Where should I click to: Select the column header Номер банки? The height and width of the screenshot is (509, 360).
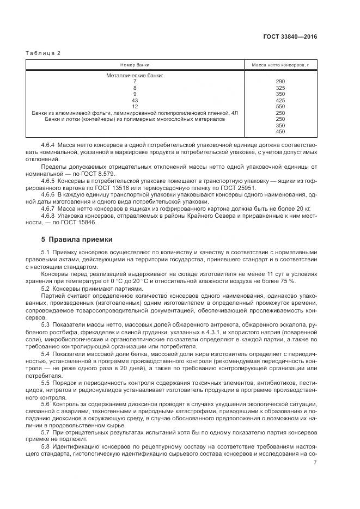[135, 64]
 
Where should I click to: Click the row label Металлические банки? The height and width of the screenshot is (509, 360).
[135, 75]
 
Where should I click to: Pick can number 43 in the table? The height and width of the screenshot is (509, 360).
[135, 100]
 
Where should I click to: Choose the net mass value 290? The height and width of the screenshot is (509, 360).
[280, 82]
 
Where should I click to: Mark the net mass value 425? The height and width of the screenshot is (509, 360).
[280, 100]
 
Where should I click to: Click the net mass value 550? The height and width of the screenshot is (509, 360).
[280, 106]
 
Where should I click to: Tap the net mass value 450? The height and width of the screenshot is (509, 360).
[280, 131]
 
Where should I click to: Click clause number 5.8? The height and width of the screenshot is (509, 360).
[45, 446]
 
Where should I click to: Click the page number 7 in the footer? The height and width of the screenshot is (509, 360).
[315, 463]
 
